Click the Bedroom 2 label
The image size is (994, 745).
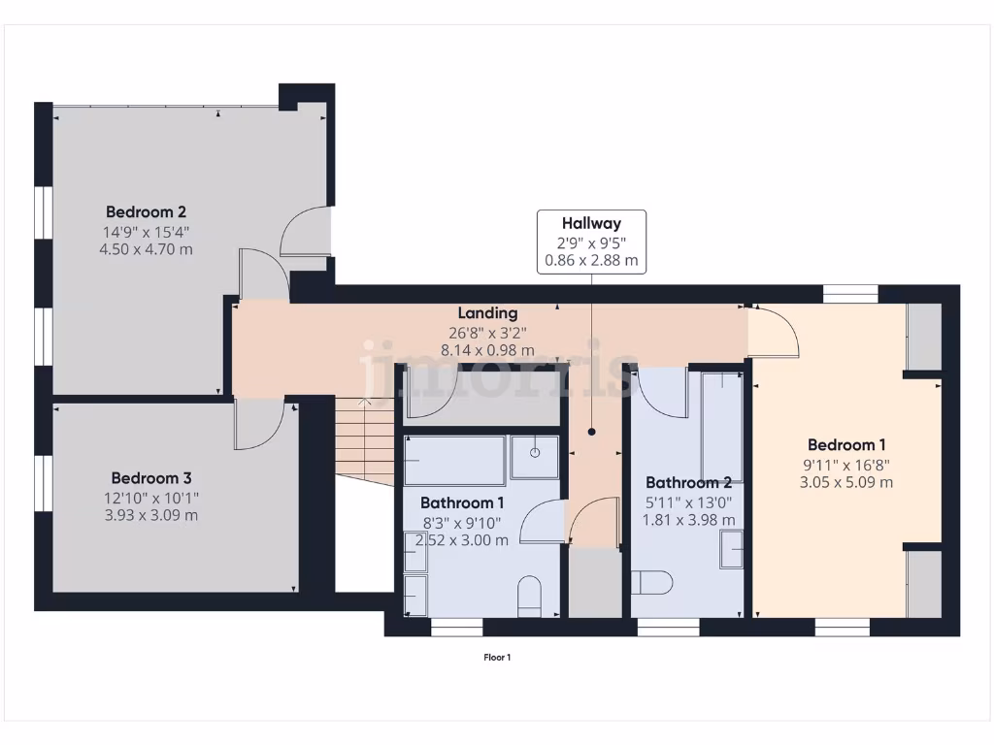point(146,211)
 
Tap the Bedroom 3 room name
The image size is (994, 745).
point(150,477)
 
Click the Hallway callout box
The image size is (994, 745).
point(591,242)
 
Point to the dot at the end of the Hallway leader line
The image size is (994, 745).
point(591,433)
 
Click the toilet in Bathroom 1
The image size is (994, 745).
point(530,597)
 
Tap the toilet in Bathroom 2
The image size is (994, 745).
point(651,582)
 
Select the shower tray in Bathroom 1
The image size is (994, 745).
point(535,457)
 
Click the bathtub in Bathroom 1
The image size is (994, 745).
point(455,460)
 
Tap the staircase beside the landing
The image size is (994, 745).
point(365,441)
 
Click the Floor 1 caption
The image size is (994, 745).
point(497,658)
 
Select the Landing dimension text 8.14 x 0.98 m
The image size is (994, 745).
point(496,350)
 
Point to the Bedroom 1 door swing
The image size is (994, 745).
point(774,333)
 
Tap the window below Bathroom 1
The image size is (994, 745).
point(456,629)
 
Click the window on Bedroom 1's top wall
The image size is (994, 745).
point(850,292)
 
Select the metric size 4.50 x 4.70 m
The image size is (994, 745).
point(146,249)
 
